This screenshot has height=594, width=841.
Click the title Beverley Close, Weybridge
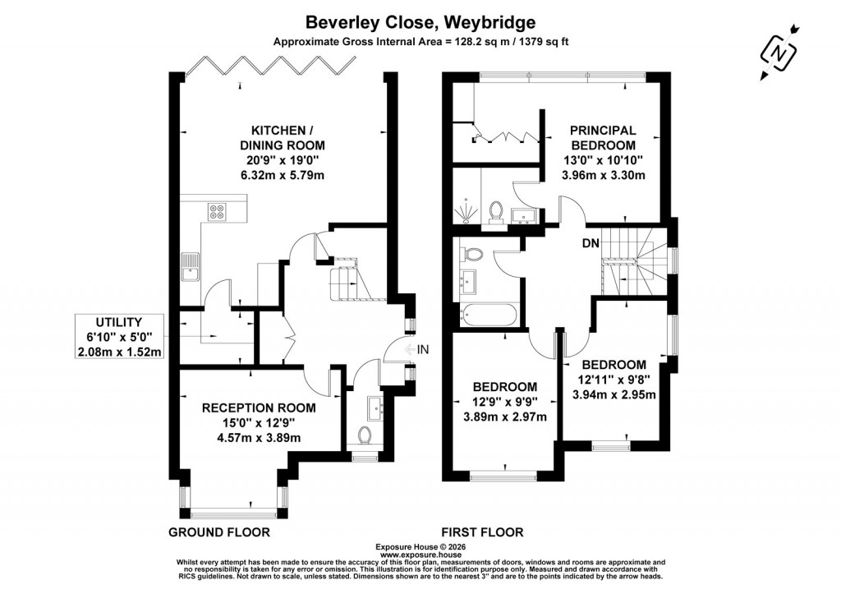(420, 21)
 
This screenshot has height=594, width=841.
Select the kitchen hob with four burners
(218, 211)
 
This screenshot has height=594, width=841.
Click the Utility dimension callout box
(119, 337)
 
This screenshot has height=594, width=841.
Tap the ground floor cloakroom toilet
(367, 432)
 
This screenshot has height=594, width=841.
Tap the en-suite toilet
(495, 212)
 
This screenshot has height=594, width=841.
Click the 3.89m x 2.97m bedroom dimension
(505, 417)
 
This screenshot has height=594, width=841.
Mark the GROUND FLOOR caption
(219, 532)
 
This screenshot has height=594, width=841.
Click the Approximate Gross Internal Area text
(420, 43)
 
